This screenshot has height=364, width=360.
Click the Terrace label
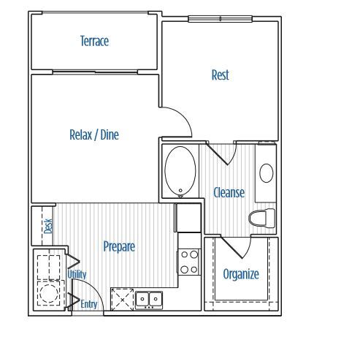pyautogui.click(x=94, y=41)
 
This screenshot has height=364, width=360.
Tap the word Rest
pyautogui.click(x=220, y=75)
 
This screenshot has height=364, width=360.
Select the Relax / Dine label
pyautogui.click(x=93, y=134)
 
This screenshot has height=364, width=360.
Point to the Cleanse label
pyautogui.click(x=229, y=192)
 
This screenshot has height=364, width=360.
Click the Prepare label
pyautogui.click(x=118, y=246)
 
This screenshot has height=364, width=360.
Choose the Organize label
pyautogui.click(x=240, y=274)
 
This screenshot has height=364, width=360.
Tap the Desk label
pyautogui.click(x=48, y=226)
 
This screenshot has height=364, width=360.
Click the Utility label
pyautogui.click(x=77, y=274)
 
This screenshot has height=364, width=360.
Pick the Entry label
pyautogui.click(x=89, y=304)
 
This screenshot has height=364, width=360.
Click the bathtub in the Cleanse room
pyautogui.click(x=179, y=171)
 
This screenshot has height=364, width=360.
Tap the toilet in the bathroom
pyautogui.click(x=261, y=217)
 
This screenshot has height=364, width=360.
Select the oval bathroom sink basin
pyautogui.click(x=267, y=174)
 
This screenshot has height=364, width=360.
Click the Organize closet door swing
pyautogui.click(x=234, y=248)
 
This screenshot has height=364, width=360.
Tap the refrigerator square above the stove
pyautogui.click(x=188, y=218)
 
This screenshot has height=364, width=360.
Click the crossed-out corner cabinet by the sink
pyautogui.click(x=121, y=299)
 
